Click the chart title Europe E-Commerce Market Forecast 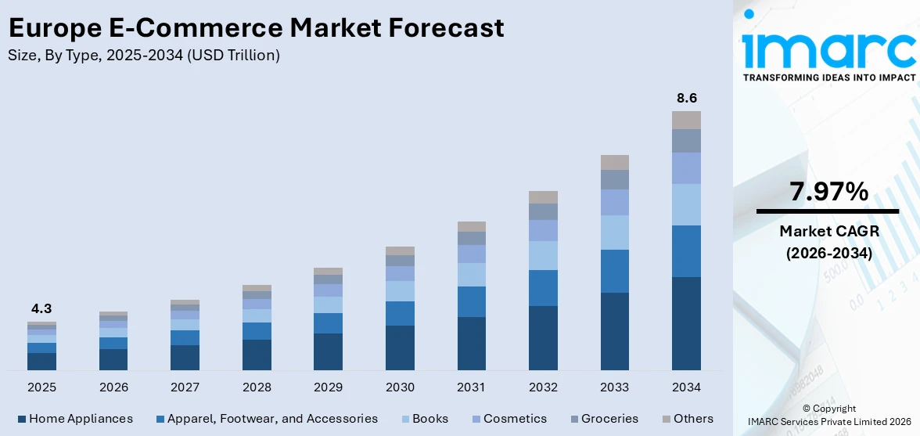pos(256,28)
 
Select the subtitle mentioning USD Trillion pos(144,56)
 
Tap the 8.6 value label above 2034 pos(686,98)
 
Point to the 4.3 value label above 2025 pos(41,308)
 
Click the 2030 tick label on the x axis pos(400,387)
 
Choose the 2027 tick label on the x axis pos(185,387)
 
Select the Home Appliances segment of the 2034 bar pos(686,323)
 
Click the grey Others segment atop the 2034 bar pos(686,120)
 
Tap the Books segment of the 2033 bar pos(614,232)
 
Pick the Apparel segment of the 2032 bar pos(543,288)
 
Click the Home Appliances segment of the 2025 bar pos(41,361)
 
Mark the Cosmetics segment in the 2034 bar pos(686,168)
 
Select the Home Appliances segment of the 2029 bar pos(328,351)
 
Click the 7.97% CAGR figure pos(828,192)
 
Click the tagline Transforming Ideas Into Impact pos(828,77)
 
